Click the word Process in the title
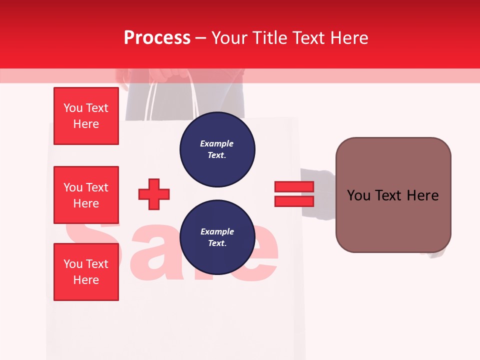point(157,38)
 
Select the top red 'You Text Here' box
point(86,116)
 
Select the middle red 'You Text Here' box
point(86,195)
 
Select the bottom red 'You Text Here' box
point(86,272)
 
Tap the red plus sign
point(154,194)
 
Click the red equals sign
point(294,194)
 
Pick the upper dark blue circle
point(217,149)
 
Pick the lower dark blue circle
point(217,237)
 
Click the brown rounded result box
point(393,194)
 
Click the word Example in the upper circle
point(217,143)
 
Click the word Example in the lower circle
point(217,231)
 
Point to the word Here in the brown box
point(423,195)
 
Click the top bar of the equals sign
point(294,187)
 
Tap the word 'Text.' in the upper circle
point(217,155)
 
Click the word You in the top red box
point(73,108)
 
